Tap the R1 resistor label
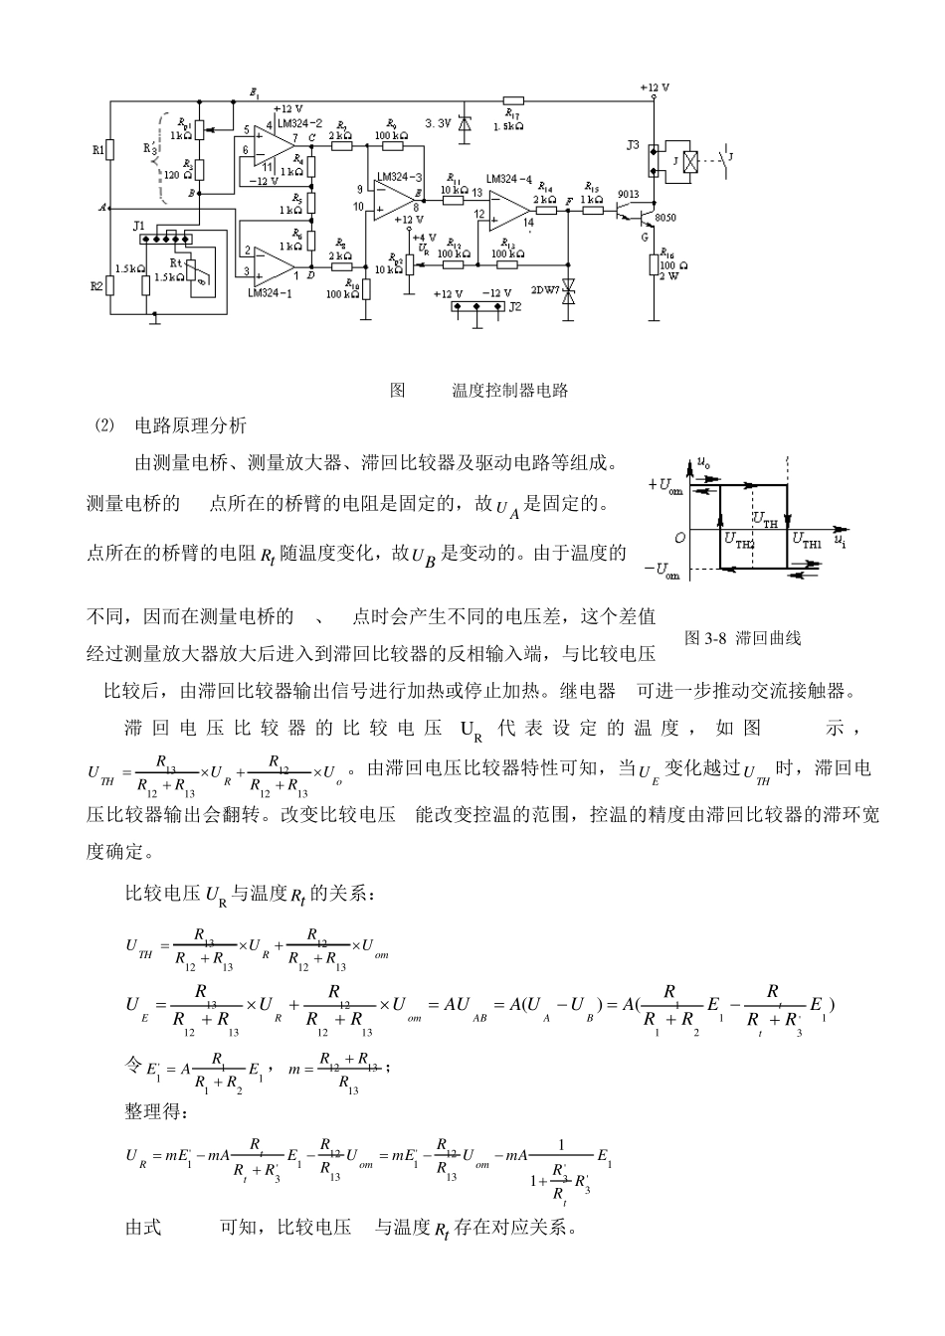coord(97,150)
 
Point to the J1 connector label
coord(139,228)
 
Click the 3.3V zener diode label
coord(439,122)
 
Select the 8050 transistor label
coord(664,218)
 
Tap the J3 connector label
coord(634,145)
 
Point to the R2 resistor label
coord(97,286)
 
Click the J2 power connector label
coord(514,307)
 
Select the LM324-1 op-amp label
coord(268,292)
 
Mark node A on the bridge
coord(101,208)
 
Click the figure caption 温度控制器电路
coord(510,391)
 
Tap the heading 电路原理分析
coord(190,425)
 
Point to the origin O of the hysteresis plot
coord(680,538)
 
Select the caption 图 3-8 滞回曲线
coord(743,638)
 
